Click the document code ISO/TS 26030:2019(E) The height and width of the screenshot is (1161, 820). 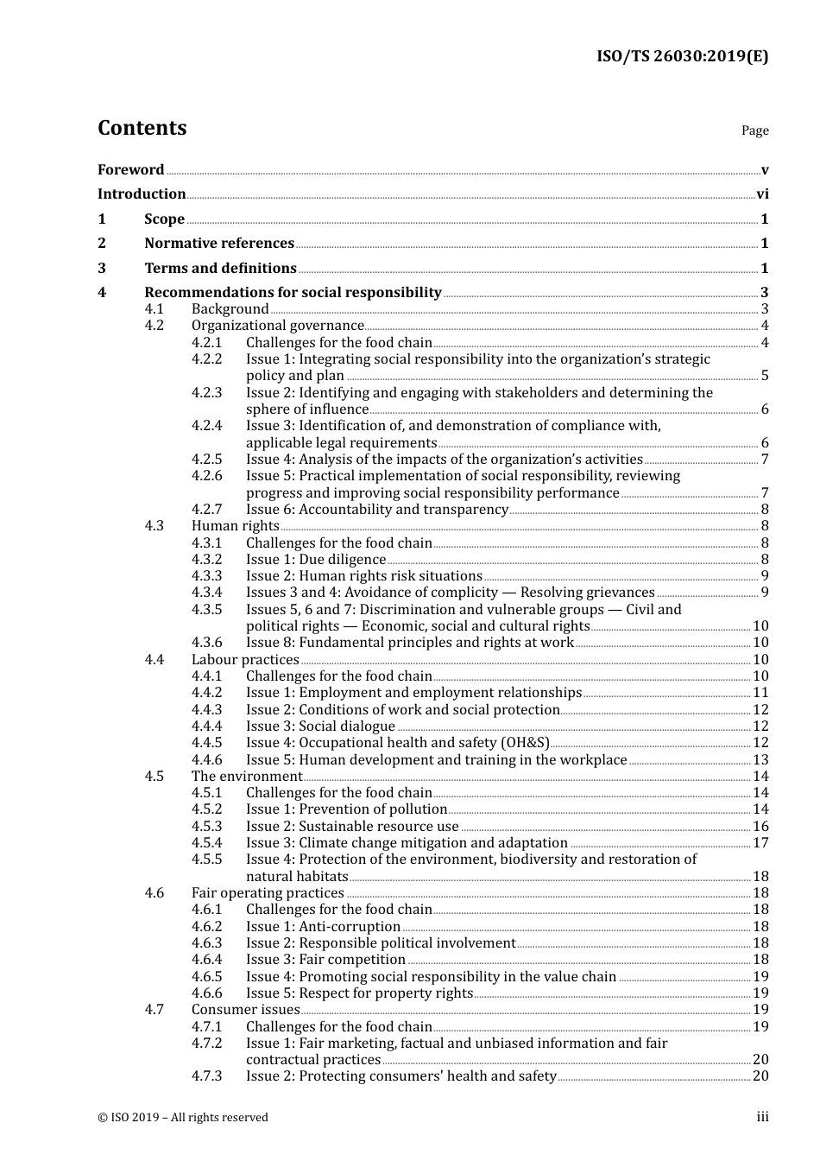tap(682, 56)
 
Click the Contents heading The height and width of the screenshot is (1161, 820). tap(142, 128)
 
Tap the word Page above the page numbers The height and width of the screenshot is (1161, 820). tap(754, 130)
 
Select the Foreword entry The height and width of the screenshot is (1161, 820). tap(130, 169)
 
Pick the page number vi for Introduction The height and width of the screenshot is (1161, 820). tap(762, 194)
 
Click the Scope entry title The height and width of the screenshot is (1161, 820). tap(164, 219)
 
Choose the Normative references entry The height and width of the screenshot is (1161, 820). tap(219, 244)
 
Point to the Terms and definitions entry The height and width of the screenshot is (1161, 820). tap(220, 269)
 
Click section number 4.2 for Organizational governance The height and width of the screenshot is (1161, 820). tap(154, 326)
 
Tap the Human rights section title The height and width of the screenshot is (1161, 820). tap(235, 526)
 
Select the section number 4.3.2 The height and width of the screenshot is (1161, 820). tap(206, 560)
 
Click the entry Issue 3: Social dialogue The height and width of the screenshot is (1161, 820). tap(320, 726)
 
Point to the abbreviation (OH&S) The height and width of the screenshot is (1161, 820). tap(525, 743)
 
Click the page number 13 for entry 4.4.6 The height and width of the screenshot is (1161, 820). tap(760, 760)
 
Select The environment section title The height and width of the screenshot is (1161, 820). tap(247, 777)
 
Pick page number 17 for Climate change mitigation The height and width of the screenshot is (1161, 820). tap(760, 843)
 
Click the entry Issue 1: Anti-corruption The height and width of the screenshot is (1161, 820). tap(323, 927)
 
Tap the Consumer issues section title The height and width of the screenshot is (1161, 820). tap(245, 1010)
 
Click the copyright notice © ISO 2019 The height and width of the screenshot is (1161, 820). tap(182, 1117)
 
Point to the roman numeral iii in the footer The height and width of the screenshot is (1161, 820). tap(762, 1117)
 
